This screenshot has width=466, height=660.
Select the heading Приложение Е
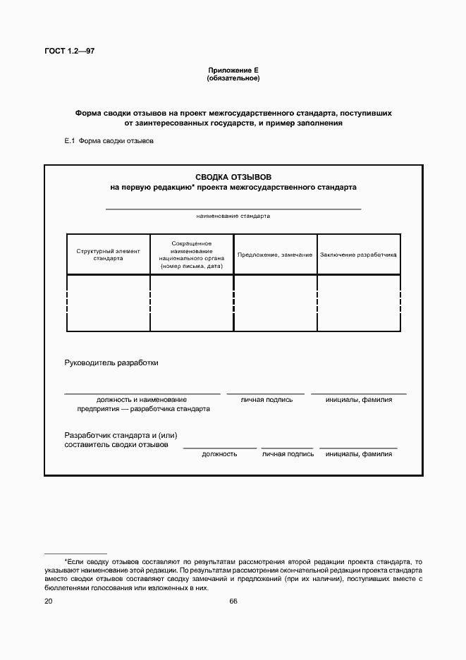tap(233, 70)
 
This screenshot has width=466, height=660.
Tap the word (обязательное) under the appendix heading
tap(233, 78)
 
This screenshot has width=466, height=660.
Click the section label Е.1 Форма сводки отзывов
tap(109, 141)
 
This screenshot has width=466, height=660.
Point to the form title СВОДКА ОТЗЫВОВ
tap(233, 177)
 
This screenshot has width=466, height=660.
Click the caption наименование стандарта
tap(233, 216)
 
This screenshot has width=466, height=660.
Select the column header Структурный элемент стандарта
tap(108, 255)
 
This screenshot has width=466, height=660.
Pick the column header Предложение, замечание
tap(275, 255)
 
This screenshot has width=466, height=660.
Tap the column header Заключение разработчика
tap(359, 255)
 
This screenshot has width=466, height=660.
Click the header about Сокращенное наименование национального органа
tap(191, 255)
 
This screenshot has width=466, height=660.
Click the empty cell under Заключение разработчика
tap(359, 302)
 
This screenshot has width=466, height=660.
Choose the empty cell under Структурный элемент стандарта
tap(108, 302)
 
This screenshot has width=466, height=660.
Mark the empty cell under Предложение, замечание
tap(275, 302)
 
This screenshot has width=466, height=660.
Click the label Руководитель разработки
tap(111, 363)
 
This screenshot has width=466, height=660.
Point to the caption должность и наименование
tap(142, 400)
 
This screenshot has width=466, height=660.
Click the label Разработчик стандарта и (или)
tap(125, 436)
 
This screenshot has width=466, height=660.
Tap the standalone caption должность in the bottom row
tap(219, 454)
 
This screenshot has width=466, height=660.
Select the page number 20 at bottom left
tap(48, 601)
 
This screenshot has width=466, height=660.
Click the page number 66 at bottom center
tap(233, 601)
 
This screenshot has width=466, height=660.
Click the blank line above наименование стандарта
tap(233, 209)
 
